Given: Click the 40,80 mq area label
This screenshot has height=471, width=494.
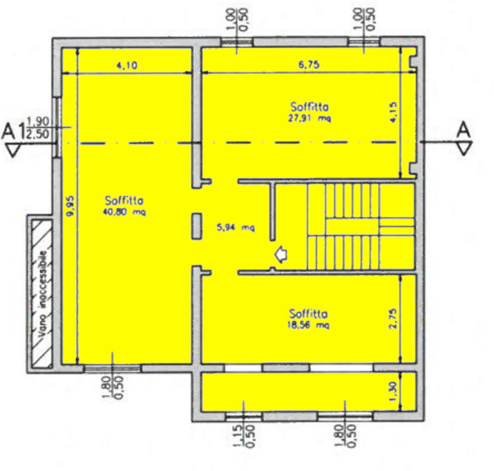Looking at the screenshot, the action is coord(124,212).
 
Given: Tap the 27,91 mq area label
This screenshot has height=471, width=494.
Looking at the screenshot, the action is coord(310,119).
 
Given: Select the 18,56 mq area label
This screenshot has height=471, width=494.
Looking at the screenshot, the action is coord(308,325).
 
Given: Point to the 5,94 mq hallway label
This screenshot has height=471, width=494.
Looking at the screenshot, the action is coord(236,227).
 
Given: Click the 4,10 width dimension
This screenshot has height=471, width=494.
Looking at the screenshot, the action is coord(127,65).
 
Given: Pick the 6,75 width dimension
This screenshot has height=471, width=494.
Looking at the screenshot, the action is coord(309,64).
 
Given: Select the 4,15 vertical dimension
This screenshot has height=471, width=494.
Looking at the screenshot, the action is coord(393,112).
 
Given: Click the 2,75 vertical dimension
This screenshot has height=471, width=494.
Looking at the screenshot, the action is coord(394,319).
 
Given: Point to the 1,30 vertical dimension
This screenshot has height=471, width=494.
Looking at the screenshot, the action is coord(394,392).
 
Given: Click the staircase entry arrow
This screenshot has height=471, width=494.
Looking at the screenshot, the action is coord(281,254).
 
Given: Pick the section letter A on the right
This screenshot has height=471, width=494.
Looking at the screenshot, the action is coord(464,129).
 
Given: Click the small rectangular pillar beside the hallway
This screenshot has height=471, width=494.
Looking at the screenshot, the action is coord(197,226).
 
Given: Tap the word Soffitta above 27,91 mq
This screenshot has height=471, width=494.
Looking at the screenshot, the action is coord(309,107).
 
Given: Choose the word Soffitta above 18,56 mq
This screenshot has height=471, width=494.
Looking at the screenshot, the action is coord(308,314).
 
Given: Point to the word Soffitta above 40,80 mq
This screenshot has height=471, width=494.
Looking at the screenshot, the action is coord(124,200).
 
